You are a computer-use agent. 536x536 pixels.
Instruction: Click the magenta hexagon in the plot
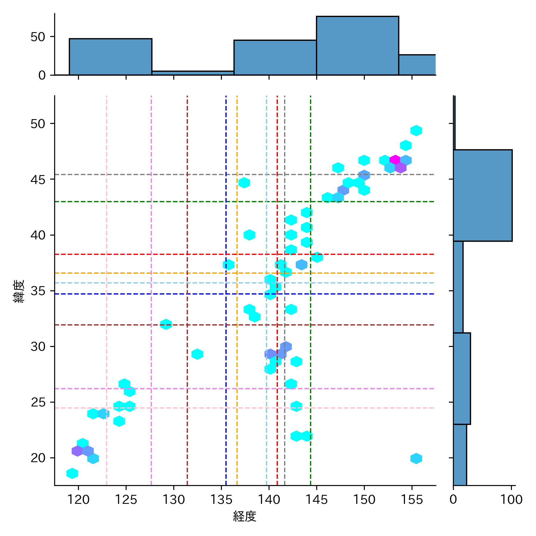point(395,160)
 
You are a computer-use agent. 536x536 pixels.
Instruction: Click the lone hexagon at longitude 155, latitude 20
point(416,458)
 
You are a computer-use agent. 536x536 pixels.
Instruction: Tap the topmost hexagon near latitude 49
point(416,130)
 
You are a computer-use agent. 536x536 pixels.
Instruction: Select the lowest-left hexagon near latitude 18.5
point(72,473)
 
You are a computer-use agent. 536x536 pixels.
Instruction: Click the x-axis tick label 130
point(174,499)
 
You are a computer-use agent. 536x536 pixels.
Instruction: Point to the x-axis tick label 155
point(412,499)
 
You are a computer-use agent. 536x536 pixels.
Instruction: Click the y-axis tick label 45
point(38,180)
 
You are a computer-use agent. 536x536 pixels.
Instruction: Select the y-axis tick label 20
point(38,458)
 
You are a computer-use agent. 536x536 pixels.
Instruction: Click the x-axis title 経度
point(244,516)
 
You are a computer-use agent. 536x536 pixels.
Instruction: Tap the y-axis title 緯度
point(19,291)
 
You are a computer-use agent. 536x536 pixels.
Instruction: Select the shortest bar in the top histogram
point(193,73)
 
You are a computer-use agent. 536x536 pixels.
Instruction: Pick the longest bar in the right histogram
point(482,195)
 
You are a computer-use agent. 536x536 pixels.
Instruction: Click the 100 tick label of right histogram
point(511,499)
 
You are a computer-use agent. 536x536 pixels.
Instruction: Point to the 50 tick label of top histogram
point(38,37)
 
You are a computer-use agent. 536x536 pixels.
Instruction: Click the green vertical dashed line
point(311,328)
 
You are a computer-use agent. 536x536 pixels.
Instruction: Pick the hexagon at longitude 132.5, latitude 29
point(197,354)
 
